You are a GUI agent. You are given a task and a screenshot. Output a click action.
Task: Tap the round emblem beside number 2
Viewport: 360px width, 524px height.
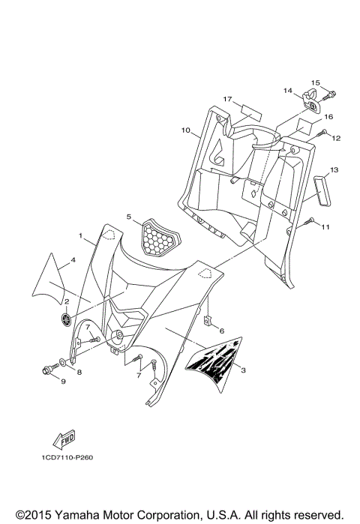67,319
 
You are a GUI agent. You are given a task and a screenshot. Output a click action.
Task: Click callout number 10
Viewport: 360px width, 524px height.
184,130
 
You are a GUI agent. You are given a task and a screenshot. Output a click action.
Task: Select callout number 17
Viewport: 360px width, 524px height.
226,99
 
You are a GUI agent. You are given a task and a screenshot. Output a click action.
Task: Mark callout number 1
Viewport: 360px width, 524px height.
81,235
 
